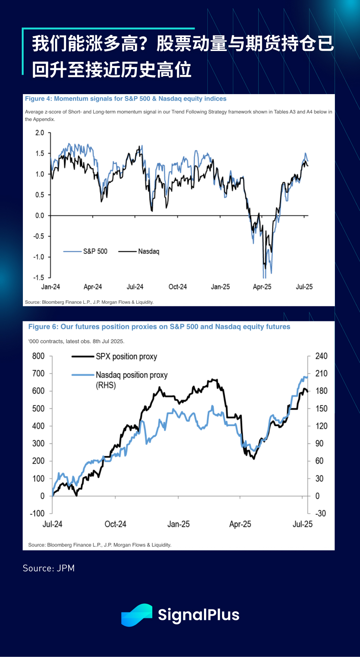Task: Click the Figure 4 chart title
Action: [x=126, y=99]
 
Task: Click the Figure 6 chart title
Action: [x=159, y=327]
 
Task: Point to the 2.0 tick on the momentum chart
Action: [x=40, y=133]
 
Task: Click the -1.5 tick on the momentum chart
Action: [x=39, y=277]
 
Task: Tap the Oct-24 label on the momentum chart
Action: [x=177, y=287]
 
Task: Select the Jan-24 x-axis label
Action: [x=51, y=287]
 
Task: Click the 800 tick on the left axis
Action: [x=38, y=356]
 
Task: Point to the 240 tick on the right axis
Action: [x=321, y=356]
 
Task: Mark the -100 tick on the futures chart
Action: [x=37, y=513]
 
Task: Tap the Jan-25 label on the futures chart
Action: [x=178, y=524]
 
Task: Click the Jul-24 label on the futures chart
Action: [x=52, y=524]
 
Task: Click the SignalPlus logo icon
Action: [x=136, y=615]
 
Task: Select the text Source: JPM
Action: [x=49, y=568]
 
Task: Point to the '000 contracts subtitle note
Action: [x=76, y=341]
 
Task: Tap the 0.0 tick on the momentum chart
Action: [x=40, y=216]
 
